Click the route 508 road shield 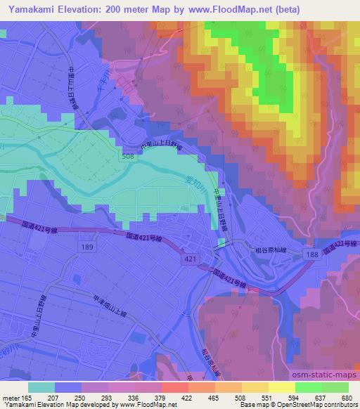(127, 157)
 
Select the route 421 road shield (190, 259)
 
